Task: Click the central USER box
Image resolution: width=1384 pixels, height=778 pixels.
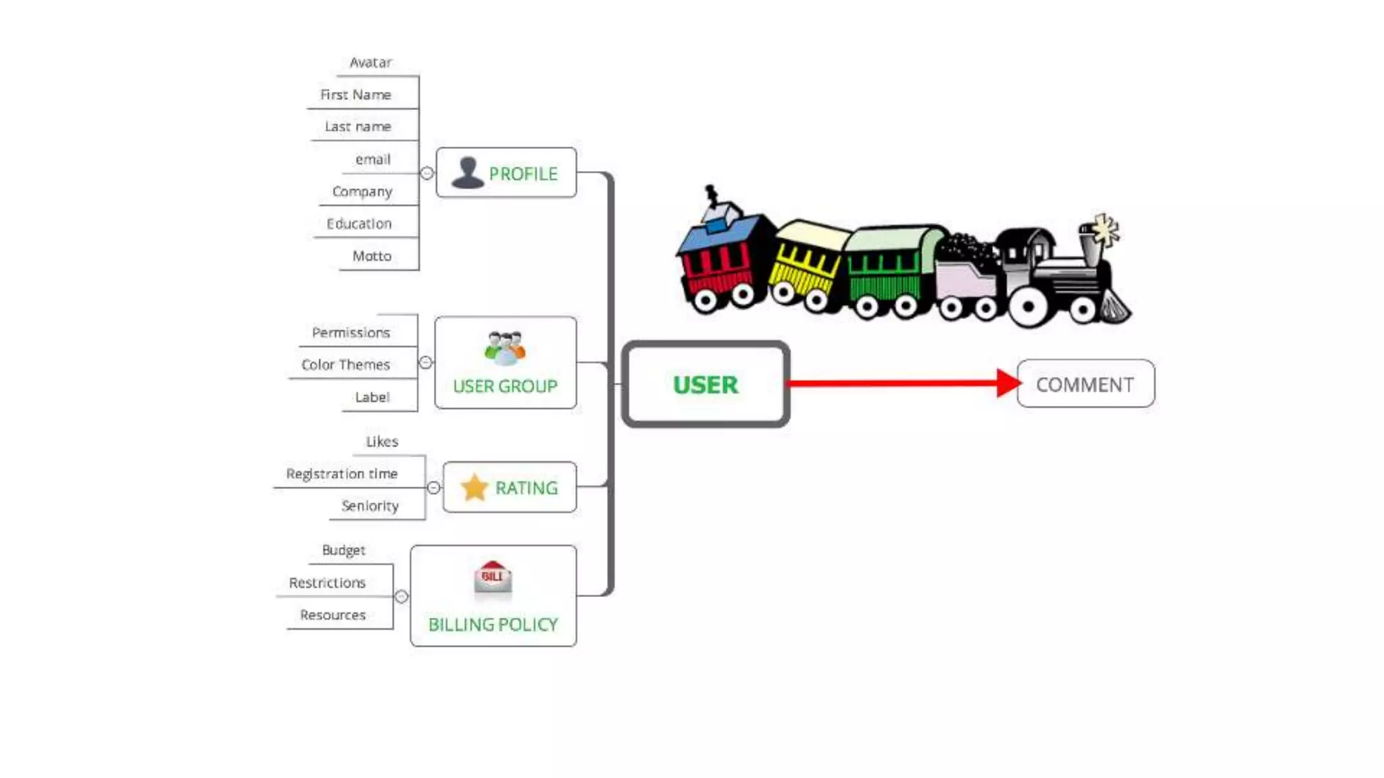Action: point(706,384)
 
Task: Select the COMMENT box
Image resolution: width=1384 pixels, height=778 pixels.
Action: point(1085,384)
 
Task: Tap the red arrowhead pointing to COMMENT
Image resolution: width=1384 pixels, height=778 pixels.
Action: point(1008,383)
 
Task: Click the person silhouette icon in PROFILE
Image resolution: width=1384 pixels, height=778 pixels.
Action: point(467,172)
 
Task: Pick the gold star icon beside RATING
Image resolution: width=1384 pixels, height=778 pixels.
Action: point(474,487)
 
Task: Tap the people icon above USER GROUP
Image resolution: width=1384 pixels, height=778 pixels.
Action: point(505,348)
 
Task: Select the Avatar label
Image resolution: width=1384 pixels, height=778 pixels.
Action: point(370,63)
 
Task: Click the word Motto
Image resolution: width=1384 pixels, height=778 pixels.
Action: point(372,256)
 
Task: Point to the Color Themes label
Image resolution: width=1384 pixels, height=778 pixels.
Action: point(345,365)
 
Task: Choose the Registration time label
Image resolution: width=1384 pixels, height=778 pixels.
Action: point(341,474)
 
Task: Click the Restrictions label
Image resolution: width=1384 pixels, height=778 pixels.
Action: point(327,583)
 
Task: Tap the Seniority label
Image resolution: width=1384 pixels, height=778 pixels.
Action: point(370,506)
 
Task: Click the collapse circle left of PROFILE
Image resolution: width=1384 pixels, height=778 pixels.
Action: point(427,173)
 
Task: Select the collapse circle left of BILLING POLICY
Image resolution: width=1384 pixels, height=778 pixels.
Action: point(401,596)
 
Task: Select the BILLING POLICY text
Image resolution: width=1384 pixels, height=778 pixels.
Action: point(493,625)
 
